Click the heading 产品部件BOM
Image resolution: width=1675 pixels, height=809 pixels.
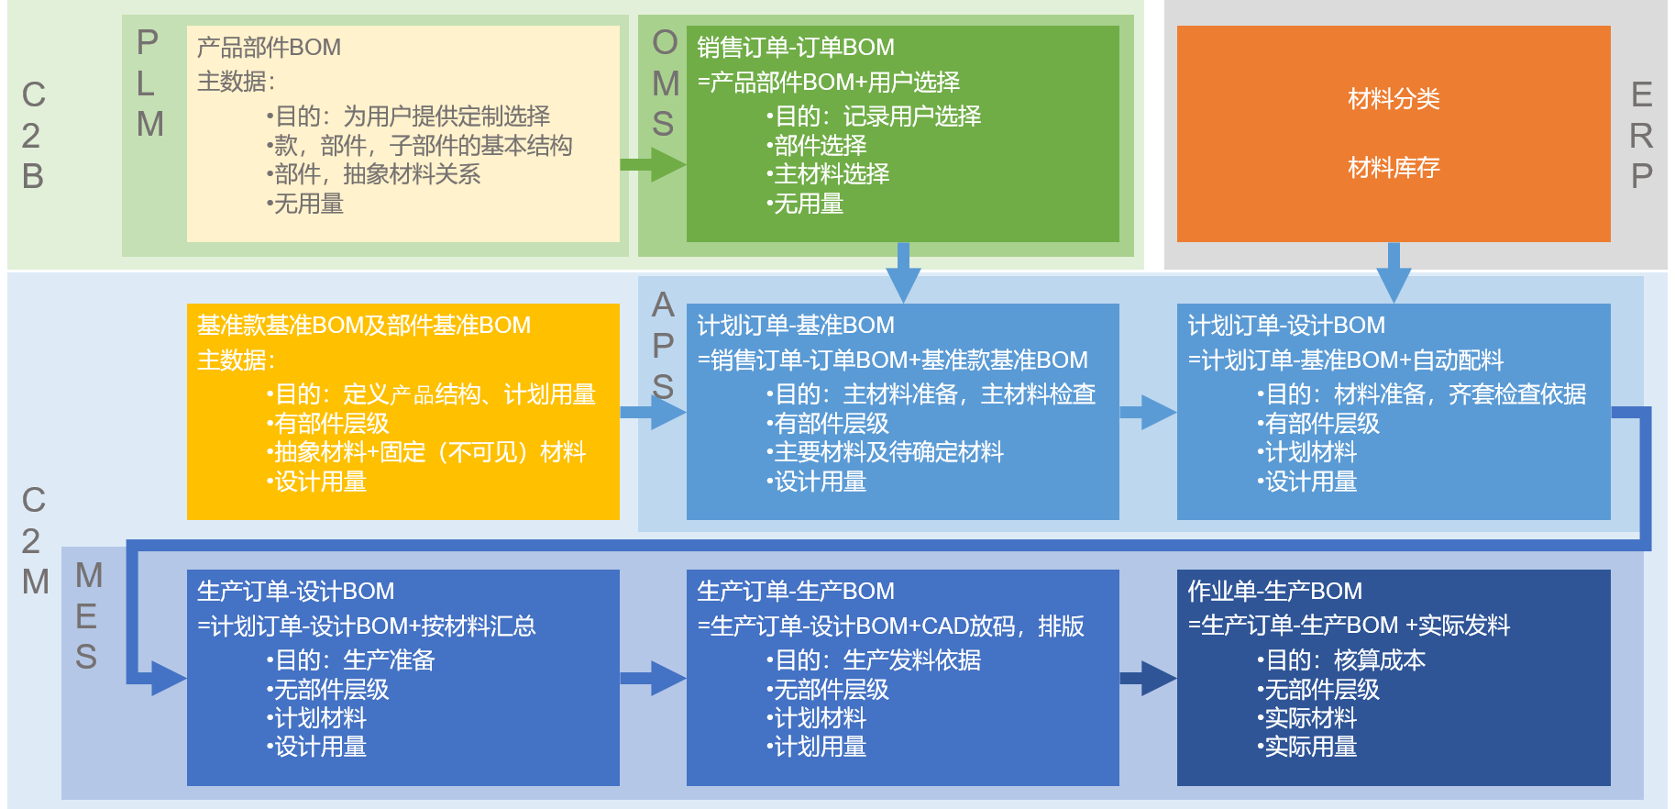(269, 47)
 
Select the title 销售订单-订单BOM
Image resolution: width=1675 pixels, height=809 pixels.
(795, 47)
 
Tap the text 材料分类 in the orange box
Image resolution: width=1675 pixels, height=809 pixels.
(1394, 98)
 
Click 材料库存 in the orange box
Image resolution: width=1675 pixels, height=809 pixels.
(1394, 167)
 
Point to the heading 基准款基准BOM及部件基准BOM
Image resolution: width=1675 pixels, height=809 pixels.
(364, 325)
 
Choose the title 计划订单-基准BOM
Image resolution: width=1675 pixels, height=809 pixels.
(795, 325)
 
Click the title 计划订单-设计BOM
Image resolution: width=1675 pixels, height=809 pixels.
(1286, 325)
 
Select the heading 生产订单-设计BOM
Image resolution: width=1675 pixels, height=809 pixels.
(295, 591)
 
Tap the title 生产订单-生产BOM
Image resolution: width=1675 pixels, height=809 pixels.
(795, 591)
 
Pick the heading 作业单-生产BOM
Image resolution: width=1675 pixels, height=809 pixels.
(1274, 591)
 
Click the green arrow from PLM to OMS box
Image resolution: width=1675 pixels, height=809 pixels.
(653, 165)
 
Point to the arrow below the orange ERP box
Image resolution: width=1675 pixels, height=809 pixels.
(1394, 272)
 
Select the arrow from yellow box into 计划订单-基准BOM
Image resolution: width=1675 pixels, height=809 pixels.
(653, 412)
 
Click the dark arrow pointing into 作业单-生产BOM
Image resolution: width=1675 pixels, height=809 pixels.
(1148, 678)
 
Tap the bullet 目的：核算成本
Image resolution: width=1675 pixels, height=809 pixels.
(1340, 659)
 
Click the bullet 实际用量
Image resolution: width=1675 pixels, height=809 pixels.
(1306, 747)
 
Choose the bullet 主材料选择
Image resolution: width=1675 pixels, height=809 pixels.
(828, 173)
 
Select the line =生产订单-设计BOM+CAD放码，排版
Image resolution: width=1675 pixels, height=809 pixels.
(890, 626)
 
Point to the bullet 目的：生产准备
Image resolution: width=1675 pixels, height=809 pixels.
(350, 659)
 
